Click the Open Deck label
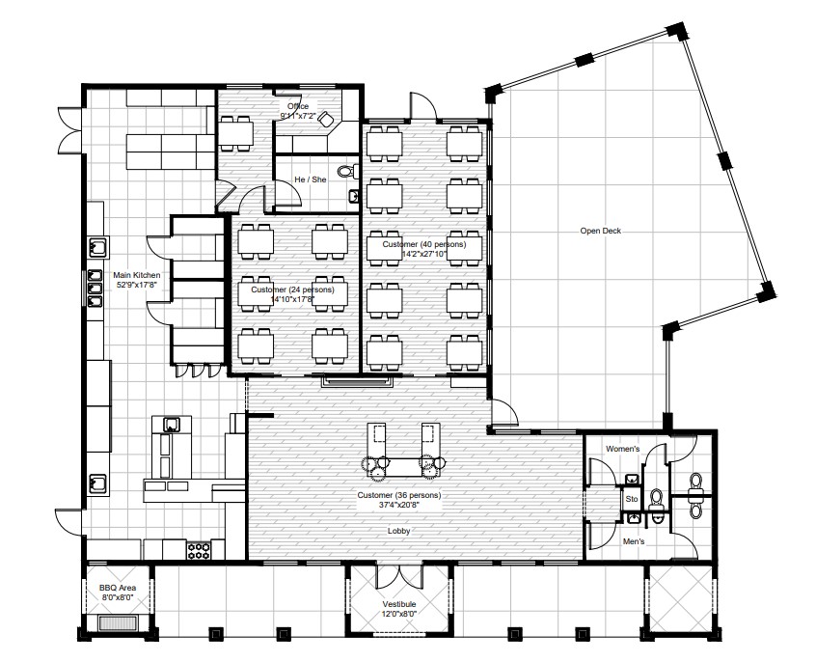601,231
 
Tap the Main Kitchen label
137,275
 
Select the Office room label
298,106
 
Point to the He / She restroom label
311,179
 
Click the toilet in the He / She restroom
347,170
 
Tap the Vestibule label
399,604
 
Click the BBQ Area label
118,588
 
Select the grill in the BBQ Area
118,623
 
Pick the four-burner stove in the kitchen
199,550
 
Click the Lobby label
398,531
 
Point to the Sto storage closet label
631,499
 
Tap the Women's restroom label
622,449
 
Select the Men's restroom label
634,541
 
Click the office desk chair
326,119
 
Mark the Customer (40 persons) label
424,244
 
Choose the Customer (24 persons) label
292,290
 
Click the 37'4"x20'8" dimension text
398,504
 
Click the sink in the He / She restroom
354,196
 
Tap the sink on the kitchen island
172,425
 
